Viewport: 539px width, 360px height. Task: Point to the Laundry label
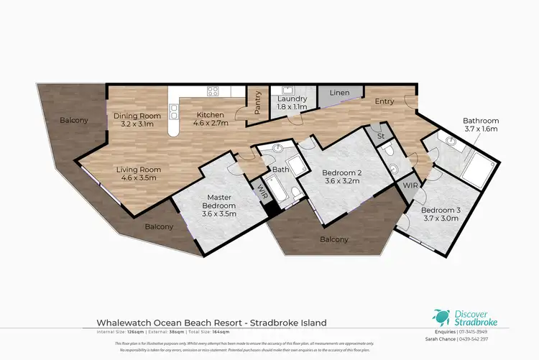coord(292,103)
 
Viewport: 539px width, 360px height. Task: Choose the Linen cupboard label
coord(339,93)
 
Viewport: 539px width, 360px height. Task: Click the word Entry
coord(384,101)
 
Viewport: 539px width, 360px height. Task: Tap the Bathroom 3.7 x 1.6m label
coord(480,124)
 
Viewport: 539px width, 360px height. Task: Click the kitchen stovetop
coord(213,91)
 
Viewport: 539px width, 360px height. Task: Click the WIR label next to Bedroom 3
coord(410,186)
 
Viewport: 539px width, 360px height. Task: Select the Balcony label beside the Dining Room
coord(74,120)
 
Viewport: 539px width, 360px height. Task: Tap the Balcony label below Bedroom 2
coord(334,239)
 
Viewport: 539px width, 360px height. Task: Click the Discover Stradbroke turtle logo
coord(440,315)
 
